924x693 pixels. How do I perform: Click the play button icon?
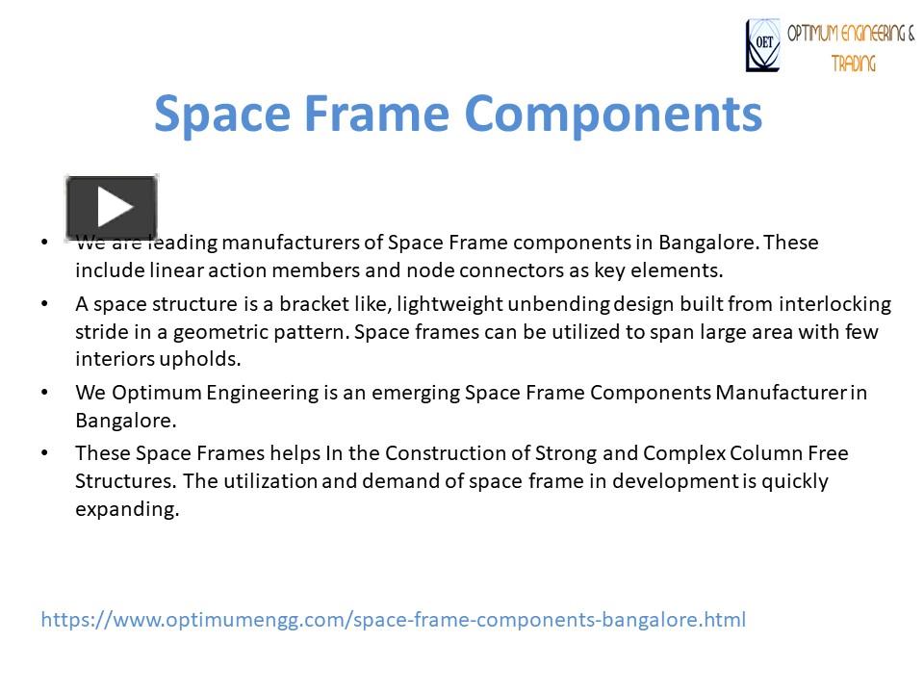[x=112, y=208]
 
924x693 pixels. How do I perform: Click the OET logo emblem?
[x=763, y=46]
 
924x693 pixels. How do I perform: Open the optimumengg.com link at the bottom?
[x=393, y=619]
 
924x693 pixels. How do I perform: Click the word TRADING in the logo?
[x=855, y=64]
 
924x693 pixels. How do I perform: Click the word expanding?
[x=127, y=509]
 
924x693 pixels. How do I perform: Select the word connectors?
[x=511, y=269]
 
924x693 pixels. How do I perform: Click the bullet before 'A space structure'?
[x=45, y=304]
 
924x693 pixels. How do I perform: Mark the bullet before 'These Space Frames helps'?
[x=45, y=452]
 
